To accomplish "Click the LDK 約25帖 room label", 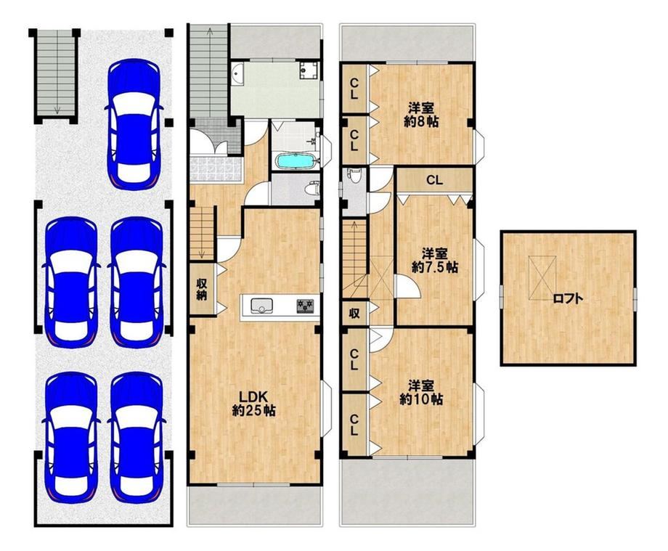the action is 253,403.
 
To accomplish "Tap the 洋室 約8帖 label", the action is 421,114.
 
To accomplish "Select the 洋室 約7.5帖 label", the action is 434,260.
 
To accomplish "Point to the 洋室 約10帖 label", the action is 421,392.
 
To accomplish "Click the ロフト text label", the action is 568,298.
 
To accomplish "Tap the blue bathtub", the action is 296,161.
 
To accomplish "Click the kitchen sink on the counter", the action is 261,306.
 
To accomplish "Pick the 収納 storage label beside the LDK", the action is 202,290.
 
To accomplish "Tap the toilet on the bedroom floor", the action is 354,174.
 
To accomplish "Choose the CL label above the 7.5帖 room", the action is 434,180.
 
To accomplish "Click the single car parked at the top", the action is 134,124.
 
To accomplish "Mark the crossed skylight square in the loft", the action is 542,272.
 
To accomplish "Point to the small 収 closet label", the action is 354,314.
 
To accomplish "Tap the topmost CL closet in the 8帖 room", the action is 354,89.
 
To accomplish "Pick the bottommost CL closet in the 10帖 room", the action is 354,425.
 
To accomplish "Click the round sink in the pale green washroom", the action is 237,73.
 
